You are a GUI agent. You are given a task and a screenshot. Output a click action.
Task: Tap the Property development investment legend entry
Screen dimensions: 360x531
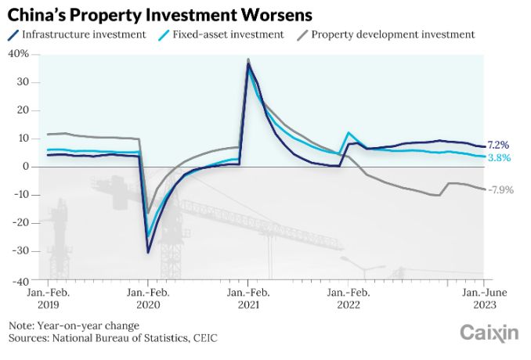tap(392, 34)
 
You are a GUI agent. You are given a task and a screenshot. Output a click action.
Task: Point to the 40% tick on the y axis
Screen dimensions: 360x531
tap(19, 54)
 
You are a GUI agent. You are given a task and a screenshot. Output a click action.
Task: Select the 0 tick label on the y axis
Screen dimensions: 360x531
tap(26, 167)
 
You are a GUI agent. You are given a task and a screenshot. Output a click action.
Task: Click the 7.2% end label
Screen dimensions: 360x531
tap(499, 145)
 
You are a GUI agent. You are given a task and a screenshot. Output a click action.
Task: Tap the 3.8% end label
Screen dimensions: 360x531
tap(499, 157)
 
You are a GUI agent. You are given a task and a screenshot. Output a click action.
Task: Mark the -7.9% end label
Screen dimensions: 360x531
tap(500, 189)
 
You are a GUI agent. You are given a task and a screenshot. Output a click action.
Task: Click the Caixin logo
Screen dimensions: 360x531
tap(489, 333)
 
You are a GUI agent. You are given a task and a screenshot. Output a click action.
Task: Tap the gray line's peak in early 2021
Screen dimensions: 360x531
tap(248, 59)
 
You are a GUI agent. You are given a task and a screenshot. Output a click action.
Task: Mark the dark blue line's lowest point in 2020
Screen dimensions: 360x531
tap(148, 252)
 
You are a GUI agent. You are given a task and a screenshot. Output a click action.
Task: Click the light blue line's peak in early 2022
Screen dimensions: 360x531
tap(349, 133)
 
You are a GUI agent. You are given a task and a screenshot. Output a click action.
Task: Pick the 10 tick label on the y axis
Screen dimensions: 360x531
tap(23, 139)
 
